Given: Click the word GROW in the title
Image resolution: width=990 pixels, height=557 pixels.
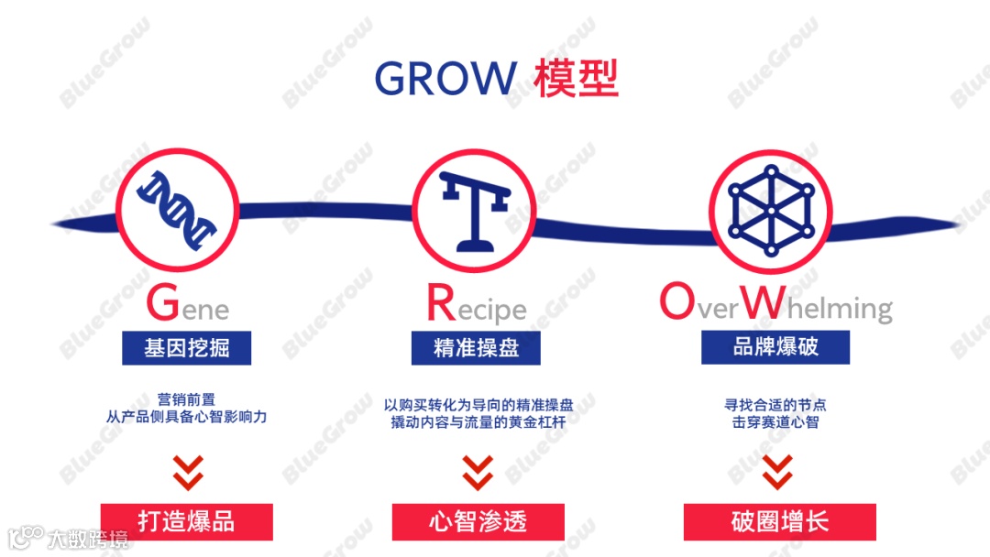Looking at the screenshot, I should (445, 79).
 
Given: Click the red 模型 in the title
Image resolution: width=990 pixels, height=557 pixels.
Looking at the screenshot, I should (577, 79).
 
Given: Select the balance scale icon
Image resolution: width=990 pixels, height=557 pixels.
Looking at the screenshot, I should (473, 211).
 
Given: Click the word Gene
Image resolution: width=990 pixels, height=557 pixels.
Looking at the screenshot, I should (187, 305).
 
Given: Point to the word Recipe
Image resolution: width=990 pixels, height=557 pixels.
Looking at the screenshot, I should (476, 306).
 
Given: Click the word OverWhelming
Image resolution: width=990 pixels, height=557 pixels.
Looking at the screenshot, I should (775, 306).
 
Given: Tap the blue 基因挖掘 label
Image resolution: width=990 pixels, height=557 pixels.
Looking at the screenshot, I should (187, 348).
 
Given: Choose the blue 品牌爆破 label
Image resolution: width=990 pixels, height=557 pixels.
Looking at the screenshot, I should (775, 347).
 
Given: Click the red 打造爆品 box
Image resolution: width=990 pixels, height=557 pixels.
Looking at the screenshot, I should (187, 521).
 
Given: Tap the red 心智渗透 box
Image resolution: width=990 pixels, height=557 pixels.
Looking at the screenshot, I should (478, 521).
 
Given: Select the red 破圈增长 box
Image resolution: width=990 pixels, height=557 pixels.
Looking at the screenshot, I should (779, 521).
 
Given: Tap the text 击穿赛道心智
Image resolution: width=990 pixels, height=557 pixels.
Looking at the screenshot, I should (775, 422).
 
